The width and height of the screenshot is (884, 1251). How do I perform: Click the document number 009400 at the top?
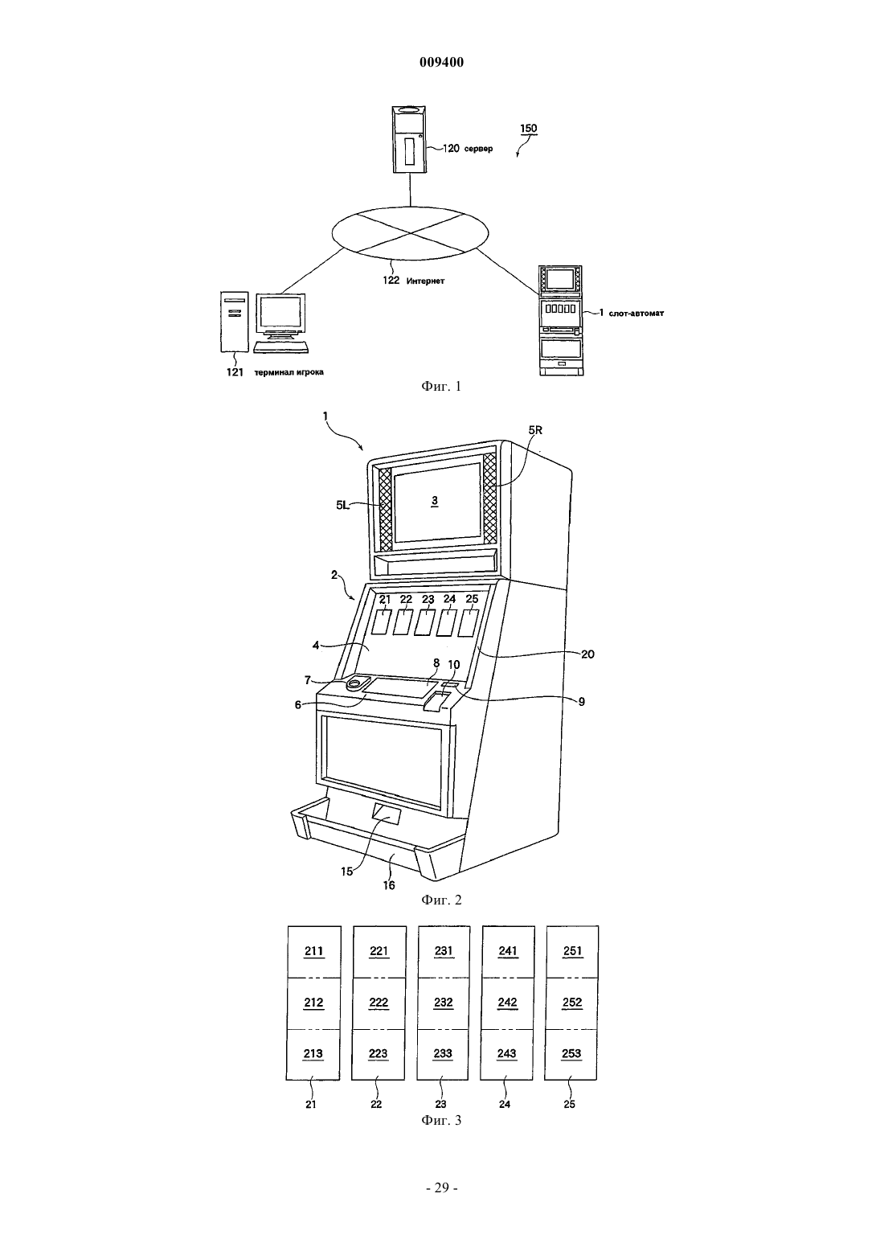441,62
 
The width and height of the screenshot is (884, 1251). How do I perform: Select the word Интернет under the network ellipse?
426,281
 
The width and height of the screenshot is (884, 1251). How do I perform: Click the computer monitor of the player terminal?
280,316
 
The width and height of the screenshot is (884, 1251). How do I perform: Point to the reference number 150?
529,129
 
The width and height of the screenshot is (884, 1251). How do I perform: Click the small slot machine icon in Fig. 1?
561,320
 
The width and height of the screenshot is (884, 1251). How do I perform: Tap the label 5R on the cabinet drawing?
535,431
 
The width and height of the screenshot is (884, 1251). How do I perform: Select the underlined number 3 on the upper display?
435,502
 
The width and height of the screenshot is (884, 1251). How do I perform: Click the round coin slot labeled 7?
356,683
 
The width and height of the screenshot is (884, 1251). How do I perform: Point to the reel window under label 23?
425,622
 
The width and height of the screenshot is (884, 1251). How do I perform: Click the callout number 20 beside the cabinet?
587,654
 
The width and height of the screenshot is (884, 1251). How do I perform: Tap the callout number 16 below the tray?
389,885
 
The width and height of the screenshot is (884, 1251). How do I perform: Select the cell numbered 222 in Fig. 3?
379,1003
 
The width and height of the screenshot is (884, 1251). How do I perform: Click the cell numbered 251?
572,951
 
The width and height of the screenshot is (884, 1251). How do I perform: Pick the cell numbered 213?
313,1054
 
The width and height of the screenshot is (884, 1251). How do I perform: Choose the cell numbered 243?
507,1054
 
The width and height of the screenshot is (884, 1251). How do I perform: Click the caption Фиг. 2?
441,900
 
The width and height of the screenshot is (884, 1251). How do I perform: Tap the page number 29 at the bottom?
441,1187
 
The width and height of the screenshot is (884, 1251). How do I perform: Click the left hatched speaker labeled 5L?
385,508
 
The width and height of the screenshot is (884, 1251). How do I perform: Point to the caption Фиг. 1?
441,386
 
